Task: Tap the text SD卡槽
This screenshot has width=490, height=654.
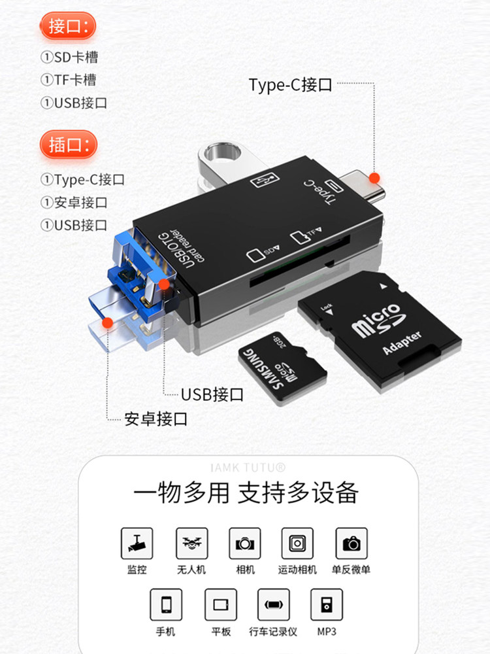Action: pyautogui.click(x=75, y=57)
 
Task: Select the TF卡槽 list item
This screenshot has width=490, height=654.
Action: pyautogui.click(x=74, y=80)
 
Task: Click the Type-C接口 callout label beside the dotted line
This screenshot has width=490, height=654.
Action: pyautogui.click(x=290, y=85)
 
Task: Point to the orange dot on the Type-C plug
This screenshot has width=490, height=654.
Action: pyautogui.click(x=374, y=178)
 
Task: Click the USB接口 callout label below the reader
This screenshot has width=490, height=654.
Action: pyautogui.click(x=212, y=394)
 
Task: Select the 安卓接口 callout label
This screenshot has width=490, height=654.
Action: pyautogui.click(x=155, y=419)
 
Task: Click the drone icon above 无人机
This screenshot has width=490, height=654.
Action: pyautogui.click(x=191, y=543)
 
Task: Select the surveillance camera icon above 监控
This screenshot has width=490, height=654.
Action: pyautogui.click(x=137, y=543)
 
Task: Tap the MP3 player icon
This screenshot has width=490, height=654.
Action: pyautogui.click(x=327, y=605)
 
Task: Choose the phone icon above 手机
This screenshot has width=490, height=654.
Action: pyautogui.click(x=166, y=605)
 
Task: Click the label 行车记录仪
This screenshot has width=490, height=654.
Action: pyautogui.click(x=273, y=632)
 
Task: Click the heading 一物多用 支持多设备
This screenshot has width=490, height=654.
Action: pyautogui.click(x=246, y=492)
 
